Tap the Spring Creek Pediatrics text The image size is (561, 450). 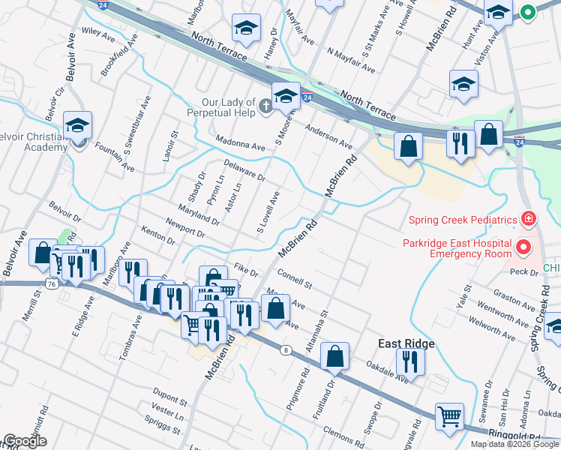click(x=463, y=220)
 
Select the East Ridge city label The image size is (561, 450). click(x=406, y=343)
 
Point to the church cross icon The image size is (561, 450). click(x=265, y=108)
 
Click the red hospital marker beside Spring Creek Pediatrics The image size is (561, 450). click(x=529, y=219)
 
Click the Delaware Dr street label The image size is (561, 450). click(x=244, y=170)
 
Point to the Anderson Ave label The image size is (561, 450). click(x=328, y=136)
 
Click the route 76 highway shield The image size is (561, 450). click(x=50, y=284)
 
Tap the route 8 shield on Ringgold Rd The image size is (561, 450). click(x=286, y=350)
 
